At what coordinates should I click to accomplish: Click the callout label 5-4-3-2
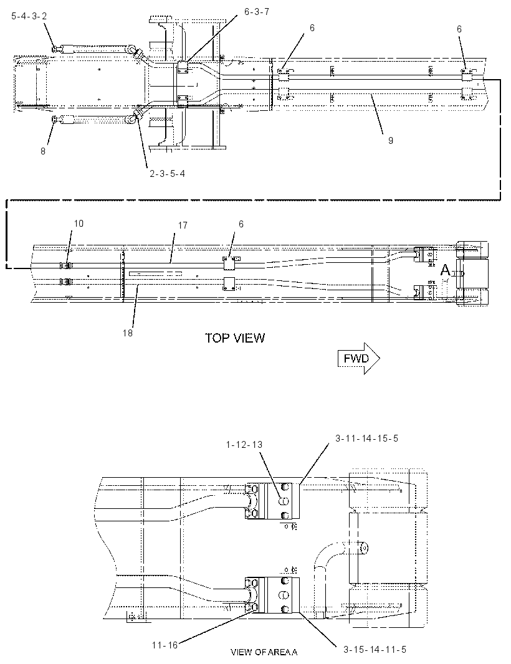(29, 16)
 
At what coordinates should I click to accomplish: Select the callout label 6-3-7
(257, 12)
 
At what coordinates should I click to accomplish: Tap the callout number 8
(43, 151)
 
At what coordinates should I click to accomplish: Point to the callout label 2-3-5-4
(168, 174)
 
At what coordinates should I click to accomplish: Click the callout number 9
(391, 140)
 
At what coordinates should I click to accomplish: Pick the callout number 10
(79, 223)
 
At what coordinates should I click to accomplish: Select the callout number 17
(183, 225)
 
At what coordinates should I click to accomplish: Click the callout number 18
(128, 333)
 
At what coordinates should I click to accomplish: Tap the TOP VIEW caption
(235, 338)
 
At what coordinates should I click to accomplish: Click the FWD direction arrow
(358, 359)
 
